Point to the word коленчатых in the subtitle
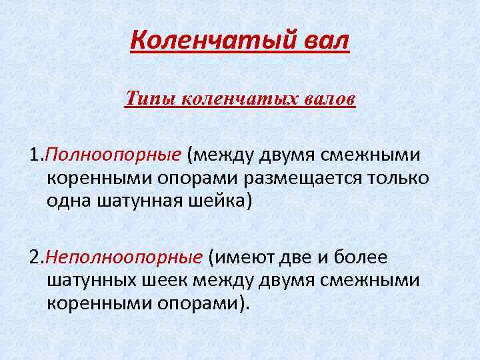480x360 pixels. point(224,99)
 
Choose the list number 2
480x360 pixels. point(35,257)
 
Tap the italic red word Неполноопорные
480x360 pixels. point(124,257)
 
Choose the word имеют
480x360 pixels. point(245,257)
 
